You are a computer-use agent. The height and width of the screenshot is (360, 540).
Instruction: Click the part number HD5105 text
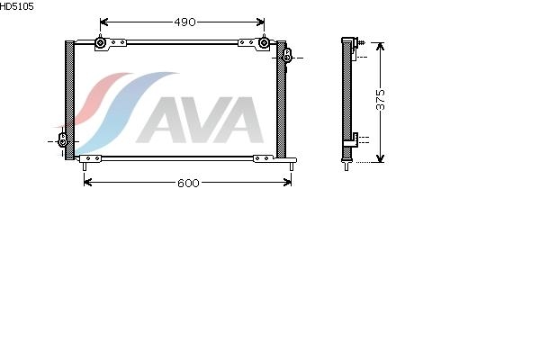pyautogui.click(x=16, y=6)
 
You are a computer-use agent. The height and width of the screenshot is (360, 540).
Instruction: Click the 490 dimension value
pyautogui.click(x=184, y=22)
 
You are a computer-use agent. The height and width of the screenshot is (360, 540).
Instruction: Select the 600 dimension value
pyautogui.click(x=188, y=183)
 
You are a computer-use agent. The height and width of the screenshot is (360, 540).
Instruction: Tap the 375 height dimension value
pyautogui.click(x=380, y=100)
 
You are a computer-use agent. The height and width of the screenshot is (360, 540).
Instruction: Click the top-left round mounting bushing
pyautogui.click(x=100, y=42)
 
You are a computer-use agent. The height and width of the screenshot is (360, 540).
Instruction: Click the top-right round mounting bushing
pyautogui.click(x=264, y=42)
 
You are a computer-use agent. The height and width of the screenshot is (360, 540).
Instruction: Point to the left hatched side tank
pyautogui.click(x=69, y=100)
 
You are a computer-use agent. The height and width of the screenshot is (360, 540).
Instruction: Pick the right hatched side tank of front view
pyautogui.click(x=281, y=99)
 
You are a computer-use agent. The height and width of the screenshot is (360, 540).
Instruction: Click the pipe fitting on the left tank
pyautogui.click(x=63, y=139)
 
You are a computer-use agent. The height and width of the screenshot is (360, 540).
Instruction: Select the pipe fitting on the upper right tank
pyautogui.click(x=287, y=55)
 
